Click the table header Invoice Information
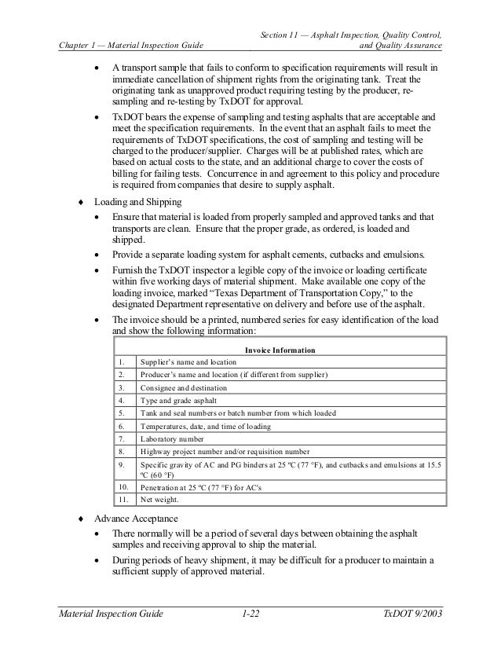(x=280, y=348)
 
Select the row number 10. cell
(x=123, y=486)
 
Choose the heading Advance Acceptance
(x=134, y=520)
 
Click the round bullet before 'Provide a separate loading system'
(x=97, y=255)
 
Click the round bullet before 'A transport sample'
(x=97, y=68)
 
